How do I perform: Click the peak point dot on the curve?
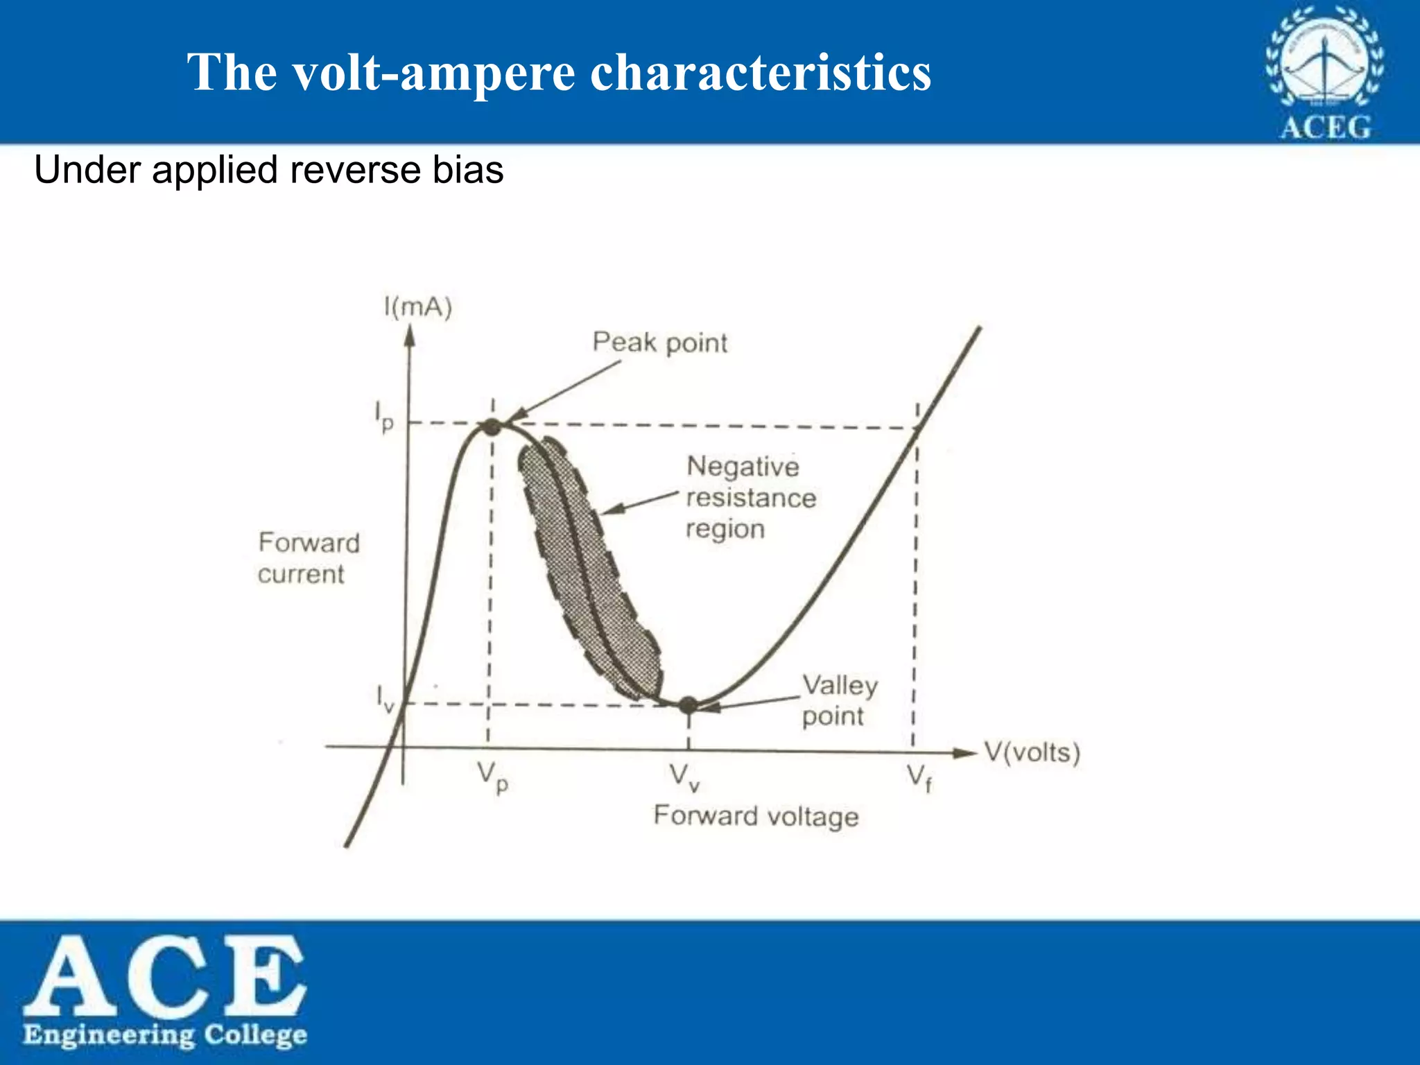pyautogui.click(x=491, y=426)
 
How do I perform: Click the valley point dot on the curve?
pyautogui.click(x=688, y=705)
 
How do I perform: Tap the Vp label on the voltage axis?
pyautogui.click(x=493, y=777)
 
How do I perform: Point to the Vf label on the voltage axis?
pyautogui.click(x=919, y=777)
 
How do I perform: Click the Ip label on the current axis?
pyautogui.click(x=384, y=416)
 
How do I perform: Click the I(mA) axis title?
pyautogui.click(x=418, y=306)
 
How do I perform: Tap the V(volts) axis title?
pyautogui.click(x=1032, y=752)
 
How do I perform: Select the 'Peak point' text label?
pyautogui.click(x=659, y=343)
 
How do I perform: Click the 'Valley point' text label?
pyautogui.click(x=839, y=700)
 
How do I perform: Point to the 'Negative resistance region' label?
pyautogui.click(x=750, y=497)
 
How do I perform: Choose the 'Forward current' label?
pyautogui.click(x=309, y=558)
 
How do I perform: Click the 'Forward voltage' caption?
pyautogui.click(x=756, y=816)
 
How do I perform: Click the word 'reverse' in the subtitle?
pyautogui.click(x=355, y=170)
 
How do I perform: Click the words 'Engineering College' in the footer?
pyautogui.click(x=165, y=1034)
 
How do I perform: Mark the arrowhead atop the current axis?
pyautogui.click(x=410, y=336)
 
